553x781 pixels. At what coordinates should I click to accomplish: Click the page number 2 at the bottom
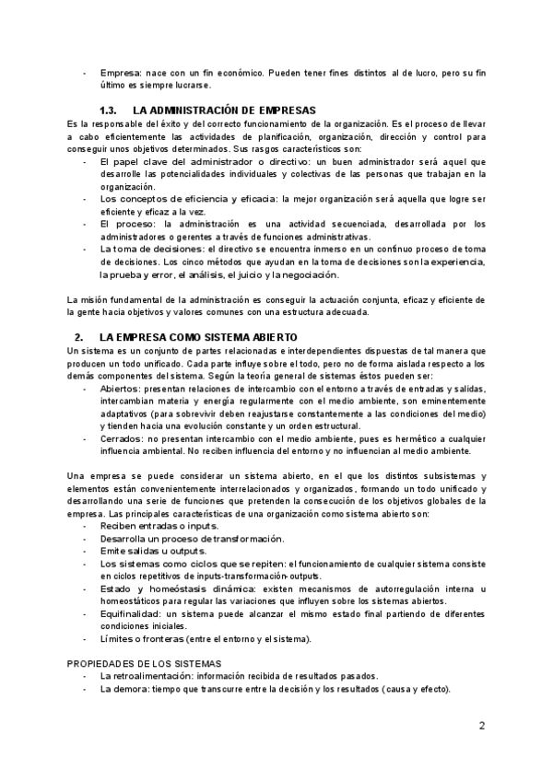[x=482, y=726]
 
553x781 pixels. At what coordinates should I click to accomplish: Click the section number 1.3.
[x=107, y=110]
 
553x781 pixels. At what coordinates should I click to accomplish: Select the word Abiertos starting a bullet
[x=120, y=390]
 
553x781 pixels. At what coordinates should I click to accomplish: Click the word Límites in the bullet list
[x=117, y=638]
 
